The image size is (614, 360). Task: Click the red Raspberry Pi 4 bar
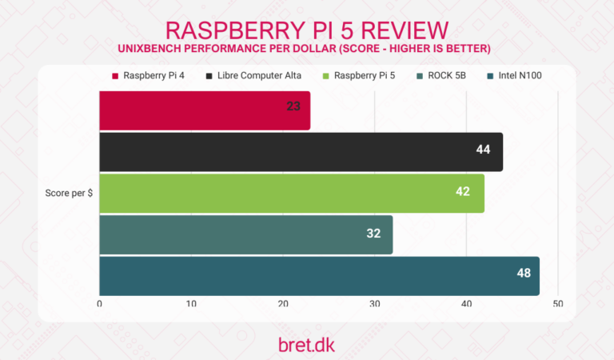click(205, 110)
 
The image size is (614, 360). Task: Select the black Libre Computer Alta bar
click(301, 152)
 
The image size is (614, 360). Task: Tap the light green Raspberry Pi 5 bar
click(292, 193)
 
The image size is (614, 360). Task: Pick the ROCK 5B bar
click(245, 234)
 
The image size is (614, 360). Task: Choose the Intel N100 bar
click(319, 276)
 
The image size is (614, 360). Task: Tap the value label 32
click(374, 234)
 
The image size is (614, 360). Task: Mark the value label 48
click(524, 273)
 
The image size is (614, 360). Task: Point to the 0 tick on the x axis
click(99, 304)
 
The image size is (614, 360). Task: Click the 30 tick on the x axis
click(374, 304)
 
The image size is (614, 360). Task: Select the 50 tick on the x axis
click(557, 304)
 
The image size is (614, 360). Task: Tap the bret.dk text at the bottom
click(306, 343)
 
